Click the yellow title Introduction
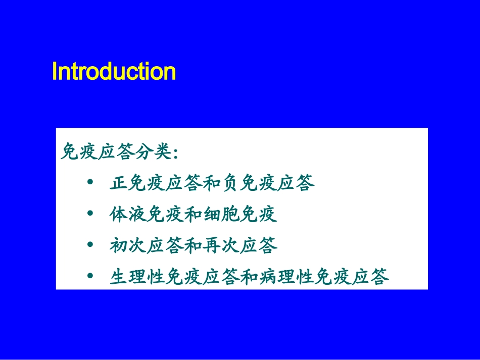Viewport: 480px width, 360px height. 114,72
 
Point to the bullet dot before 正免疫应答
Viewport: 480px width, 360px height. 90,182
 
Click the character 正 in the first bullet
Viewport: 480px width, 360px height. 119,183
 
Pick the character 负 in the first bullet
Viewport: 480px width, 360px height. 231,183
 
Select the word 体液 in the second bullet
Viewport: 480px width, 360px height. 128,214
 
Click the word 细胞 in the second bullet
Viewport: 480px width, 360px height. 222,214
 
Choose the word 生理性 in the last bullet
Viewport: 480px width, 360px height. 137,277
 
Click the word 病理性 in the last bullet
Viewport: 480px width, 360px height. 287,277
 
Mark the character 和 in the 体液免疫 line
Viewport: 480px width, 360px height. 194,214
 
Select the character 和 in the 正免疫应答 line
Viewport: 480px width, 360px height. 212,183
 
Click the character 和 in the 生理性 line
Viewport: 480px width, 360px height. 250,277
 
